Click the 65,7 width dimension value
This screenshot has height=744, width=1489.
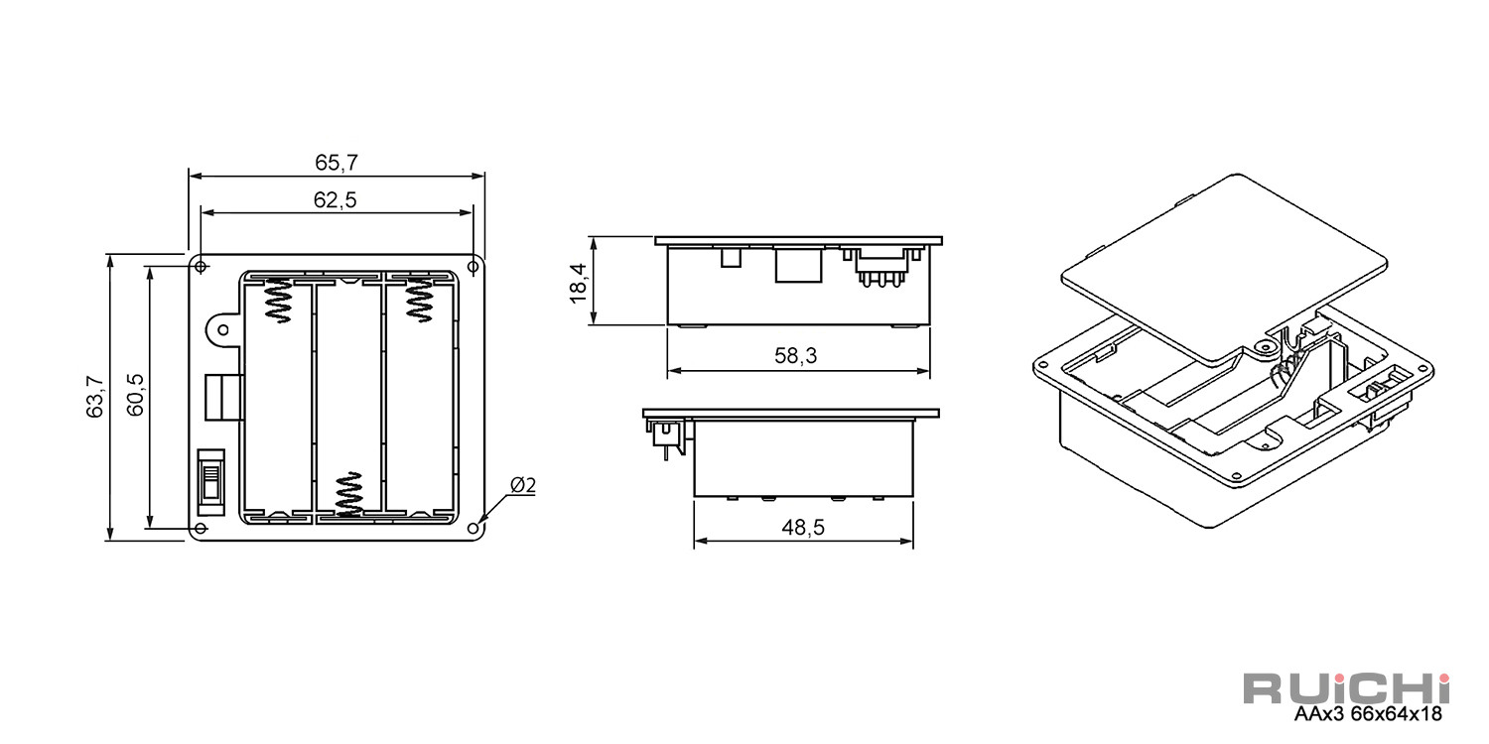[x=337, y=162]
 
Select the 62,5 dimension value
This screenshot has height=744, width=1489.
[x=336, y=200]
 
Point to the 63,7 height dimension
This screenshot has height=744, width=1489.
[x=94, y=397]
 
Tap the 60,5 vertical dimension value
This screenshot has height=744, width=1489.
[x=135, y=395]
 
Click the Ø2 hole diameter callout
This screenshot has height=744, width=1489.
[x=523, y=486]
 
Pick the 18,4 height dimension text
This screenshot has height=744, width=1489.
[x=579, y=283]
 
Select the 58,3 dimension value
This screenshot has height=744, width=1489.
[x=796, y=356]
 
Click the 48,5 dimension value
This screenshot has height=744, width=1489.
[x=803, y=528]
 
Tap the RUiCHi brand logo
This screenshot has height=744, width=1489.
[x=1347, y=688]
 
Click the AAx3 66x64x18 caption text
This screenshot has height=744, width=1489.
[x=1368, y=714]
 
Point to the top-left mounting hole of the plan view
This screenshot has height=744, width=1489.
[x=201, y=267]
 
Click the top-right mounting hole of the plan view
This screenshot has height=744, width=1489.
[x=474, y=267]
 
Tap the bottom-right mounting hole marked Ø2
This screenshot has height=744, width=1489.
[x=474, y=529]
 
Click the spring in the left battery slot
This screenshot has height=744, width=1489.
[x=278, y=300]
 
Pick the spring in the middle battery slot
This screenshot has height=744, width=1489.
[x=348, y=494]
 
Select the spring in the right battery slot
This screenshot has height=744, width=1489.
[x=419, y=300]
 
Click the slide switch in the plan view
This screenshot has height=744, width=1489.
[x=211, y=482]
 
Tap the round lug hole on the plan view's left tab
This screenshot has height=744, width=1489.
[x=223, y=330]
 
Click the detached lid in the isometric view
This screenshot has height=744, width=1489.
[x=1224, y=267]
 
